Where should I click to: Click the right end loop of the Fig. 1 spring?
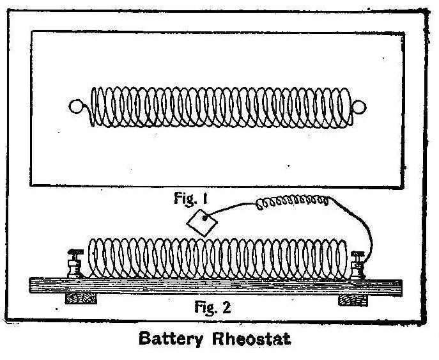(x=358, y=107)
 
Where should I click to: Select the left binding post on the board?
(x=75, y=263)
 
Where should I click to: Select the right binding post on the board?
(x=358, y=263)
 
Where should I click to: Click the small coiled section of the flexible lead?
(x=292, y=204)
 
